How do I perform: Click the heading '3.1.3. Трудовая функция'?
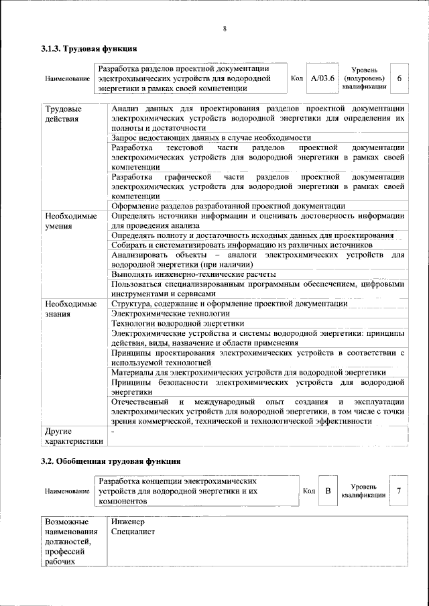[x=89, y=48]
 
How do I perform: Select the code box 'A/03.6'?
[x=322, y=78]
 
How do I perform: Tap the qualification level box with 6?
[x=400, y=78]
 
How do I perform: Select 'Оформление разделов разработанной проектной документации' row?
[x=229, y=206]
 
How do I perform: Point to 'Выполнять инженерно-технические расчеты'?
[x=194, y=274]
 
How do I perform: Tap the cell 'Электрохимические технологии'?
[x=166, y=314]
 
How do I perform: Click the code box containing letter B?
[x=328, y=491]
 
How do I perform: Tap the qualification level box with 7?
[x=399, y=491]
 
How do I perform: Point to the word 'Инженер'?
[x=129, y=522]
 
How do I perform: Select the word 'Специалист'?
[x=133, y=532]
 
